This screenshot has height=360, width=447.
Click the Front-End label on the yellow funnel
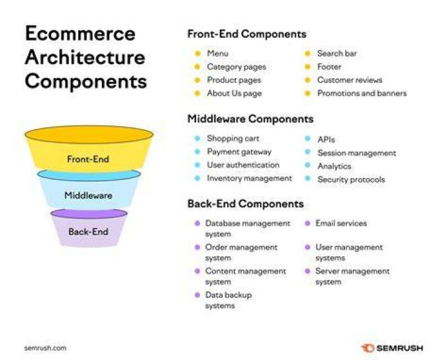88,159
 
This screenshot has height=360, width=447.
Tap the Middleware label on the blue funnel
88,196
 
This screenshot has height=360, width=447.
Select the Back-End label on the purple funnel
88,232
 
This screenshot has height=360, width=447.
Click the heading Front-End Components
246,34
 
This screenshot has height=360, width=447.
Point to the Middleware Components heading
250,119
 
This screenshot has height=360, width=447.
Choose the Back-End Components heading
245,204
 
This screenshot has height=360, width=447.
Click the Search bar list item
336,53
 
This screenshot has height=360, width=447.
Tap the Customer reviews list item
350,80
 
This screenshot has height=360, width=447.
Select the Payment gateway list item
239,152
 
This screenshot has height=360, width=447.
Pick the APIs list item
326,140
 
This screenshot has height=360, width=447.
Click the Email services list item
341,223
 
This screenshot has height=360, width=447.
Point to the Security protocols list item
351,179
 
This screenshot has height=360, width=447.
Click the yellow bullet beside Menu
197,53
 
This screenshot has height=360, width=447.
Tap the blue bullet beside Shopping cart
197,138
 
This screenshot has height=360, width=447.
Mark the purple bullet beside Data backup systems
197,295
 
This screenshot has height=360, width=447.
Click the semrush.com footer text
45,348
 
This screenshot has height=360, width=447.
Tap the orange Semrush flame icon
368,348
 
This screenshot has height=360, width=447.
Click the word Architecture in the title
85,57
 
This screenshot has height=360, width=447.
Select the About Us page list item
234,94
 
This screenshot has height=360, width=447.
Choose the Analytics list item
334,166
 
